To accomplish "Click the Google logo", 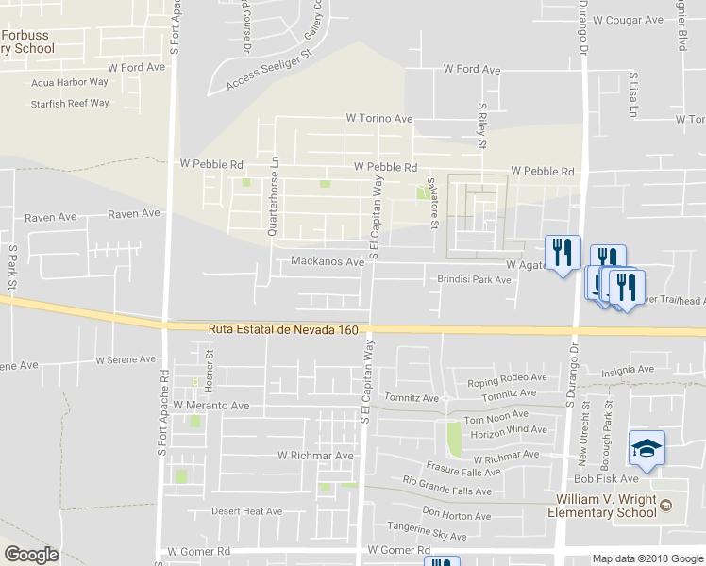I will pos(31,555).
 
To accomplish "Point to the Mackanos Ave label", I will pos(328,261).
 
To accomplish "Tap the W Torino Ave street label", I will pos(379,119).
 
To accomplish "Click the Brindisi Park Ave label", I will pos(474,279).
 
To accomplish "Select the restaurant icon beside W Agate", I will pos(563,252).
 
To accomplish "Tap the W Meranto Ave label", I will pos(204,406).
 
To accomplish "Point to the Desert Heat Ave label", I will pos(246,511).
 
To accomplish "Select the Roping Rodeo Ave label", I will pos(507,378).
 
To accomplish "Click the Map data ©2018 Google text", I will pos(647,558).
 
